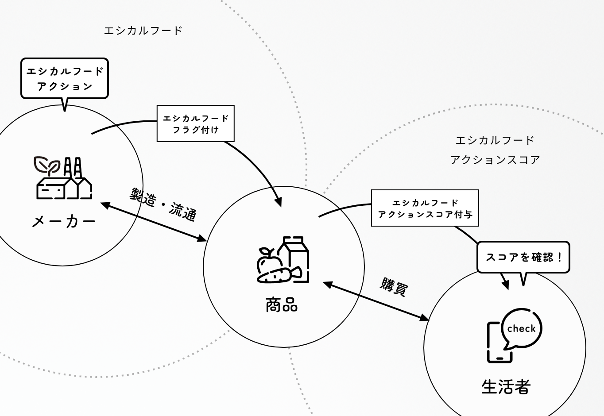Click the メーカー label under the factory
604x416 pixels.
(63, 221)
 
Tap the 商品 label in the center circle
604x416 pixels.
(282, 305)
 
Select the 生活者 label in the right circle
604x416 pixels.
(506, 387)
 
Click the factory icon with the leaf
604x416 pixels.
(64, 178)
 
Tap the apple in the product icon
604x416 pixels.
(267, 261)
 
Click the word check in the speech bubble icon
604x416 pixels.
(522, 329)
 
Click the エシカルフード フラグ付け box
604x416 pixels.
(195, 123)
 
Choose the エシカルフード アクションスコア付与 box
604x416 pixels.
(425, 208)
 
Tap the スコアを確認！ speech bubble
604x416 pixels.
(523, 257)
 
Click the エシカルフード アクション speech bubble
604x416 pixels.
(65, 78)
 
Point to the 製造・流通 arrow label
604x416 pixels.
(163, 204)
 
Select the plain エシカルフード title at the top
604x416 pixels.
(143, 31)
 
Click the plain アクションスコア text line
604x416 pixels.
(495, 160)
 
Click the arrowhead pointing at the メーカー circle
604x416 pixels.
(105, 205)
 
